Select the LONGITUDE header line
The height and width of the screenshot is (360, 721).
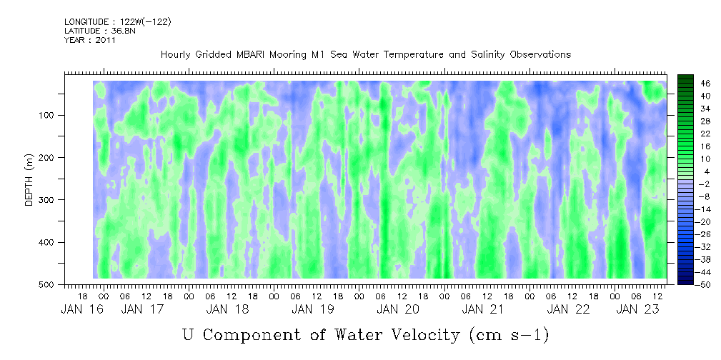pyautogui.click(x=117, y=22)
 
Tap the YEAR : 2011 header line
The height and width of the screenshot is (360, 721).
pyautogui.click(x=90, y=40)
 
